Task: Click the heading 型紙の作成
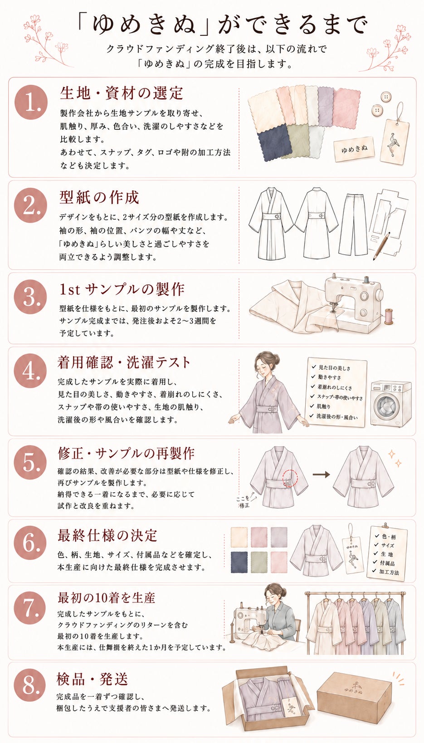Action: (99, 197)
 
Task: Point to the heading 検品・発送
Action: (92, 679)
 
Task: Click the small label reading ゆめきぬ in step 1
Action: (354, 149)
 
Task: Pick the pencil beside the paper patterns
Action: (381, 246)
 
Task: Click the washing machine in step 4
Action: (391, 404)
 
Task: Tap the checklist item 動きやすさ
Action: (329, 377)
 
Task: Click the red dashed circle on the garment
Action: (290, 478)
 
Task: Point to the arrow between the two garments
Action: (321, 474)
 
